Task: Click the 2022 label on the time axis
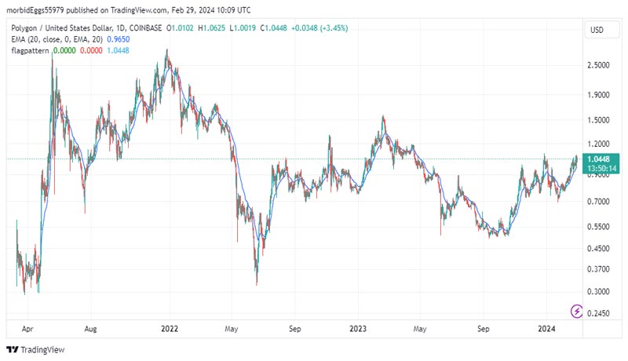pyautogui.click(x=170, y=330)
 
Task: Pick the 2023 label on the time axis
pyautogui.click(x=359, y=330)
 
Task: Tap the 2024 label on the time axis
pyautogui.click(x=547, y=330)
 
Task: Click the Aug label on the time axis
pyautogui.click(x=91, y=330)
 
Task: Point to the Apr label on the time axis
pyautogui.click(x=28, y=330)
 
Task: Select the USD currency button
pyautogui.click(x=596, y=30)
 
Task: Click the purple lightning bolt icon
pyautogui.click(x=578, y=312)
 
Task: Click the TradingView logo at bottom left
pyautogui.click(x=36, y=350)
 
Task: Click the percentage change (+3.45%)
pyautogui.click(x=333, y=28)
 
